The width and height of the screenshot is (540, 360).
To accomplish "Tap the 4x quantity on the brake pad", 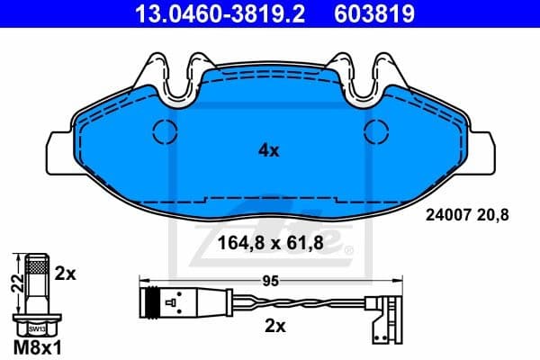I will [x=269, y=151].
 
